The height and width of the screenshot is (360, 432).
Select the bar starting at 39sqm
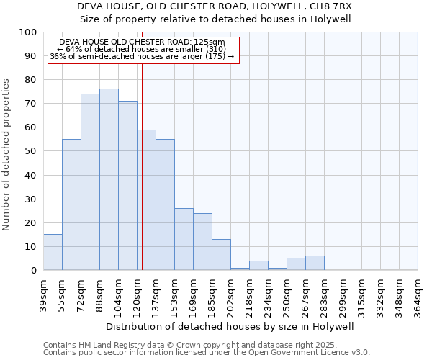pyautogui.click(x=53, y=252)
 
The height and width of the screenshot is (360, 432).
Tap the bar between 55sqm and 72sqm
pyautogui.click(x=71, y=204)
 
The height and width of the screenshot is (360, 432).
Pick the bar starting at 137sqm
pyautogui.click(x=165, y=204)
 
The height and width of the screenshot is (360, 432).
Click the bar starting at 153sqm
pyautogui.click(x=184, y=239)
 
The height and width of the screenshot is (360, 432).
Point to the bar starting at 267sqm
pyautogui.click(x=315, y=263)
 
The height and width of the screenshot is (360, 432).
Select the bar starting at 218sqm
pyautogui.click(x=258, y=265)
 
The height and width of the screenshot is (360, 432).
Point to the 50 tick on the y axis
pyautogui.click(x=30, y=151)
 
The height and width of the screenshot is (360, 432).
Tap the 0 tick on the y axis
pyautogui.click(x=33, y=270)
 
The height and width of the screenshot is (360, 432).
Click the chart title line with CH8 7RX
pyautogui.click(x=214, y=6)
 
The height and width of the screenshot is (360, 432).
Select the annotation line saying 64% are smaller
pyautogui.click(x=141, y=49)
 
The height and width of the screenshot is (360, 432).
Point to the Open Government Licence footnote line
pyautogui.click(x=207, y=353)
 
